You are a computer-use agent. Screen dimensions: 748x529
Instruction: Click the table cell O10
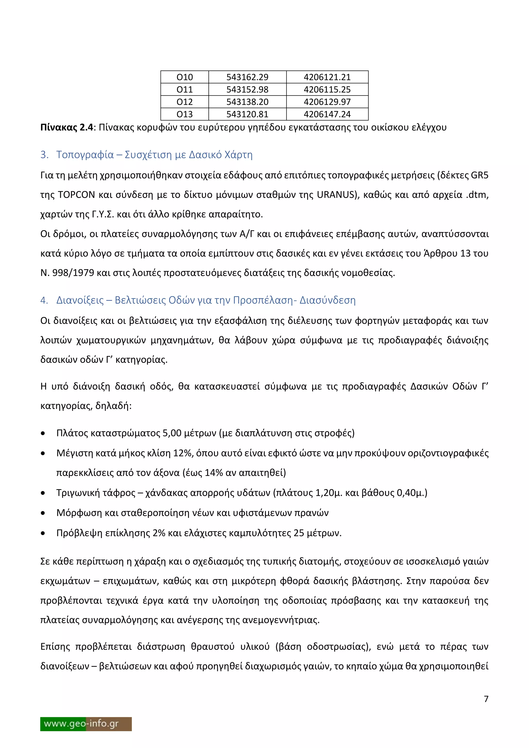(x=184, y=77)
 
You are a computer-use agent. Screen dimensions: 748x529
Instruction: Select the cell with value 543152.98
(x=247, y=90)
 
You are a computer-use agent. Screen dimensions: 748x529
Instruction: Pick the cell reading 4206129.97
(x=327, y=102)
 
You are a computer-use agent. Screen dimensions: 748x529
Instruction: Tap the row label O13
(x=184, y=114)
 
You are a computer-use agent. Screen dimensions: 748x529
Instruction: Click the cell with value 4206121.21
(x=327, y=77)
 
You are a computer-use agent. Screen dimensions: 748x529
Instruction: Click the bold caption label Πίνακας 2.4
(x=67, y=127)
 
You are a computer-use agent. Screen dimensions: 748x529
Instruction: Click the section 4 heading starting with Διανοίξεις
(x=80, y=300)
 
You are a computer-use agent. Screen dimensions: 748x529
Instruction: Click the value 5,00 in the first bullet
(x=172, y=433)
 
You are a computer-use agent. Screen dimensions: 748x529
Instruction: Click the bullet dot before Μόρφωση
(x=43, y=513)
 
